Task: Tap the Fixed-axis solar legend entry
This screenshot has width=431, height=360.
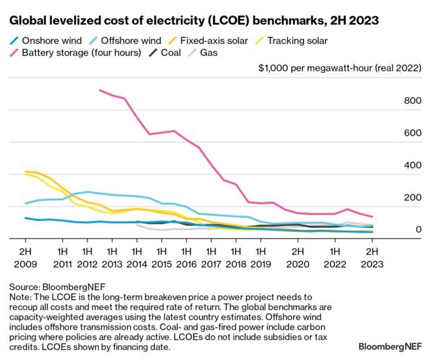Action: (212, 40)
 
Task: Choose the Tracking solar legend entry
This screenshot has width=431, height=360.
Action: (296, 40)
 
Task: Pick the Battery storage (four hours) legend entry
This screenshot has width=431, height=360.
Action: (81, 53)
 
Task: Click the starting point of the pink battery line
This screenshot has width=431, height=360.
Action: (99, 90)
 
